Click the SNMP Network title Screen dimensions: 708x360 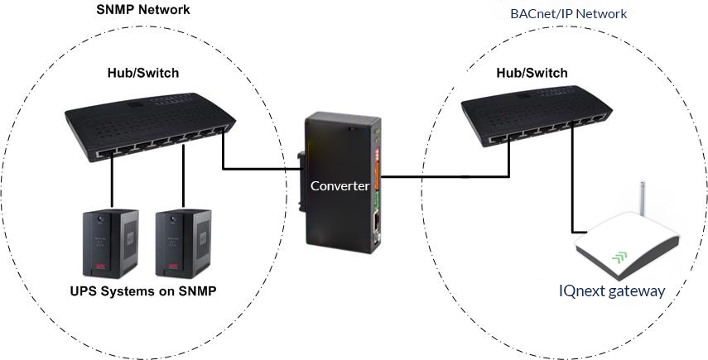143,10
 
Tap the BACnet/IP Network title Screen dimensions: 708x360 569,13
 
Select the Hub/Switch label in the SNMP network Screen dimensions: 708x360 143,73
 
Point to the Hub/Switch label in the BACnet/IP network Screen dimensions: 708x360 532,73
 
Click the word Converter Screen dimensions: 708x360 340,186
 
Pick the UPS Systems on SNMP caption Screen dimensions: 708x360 143,291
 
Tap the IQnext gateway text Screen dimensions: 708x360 612,291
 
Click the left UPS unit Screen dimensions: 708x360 111,243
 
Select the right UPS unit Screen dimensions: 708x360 183,243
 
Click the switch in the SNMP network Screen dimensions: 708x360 150,127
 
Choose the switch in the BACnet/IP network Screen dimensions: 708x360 537,116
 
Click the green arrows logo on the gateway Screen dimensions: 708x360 620,257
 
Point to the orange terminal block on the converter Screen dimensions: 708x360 377,161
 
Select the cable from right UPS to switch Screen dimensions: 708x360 183,176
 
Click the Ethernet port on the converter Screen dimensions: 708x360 376,222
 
